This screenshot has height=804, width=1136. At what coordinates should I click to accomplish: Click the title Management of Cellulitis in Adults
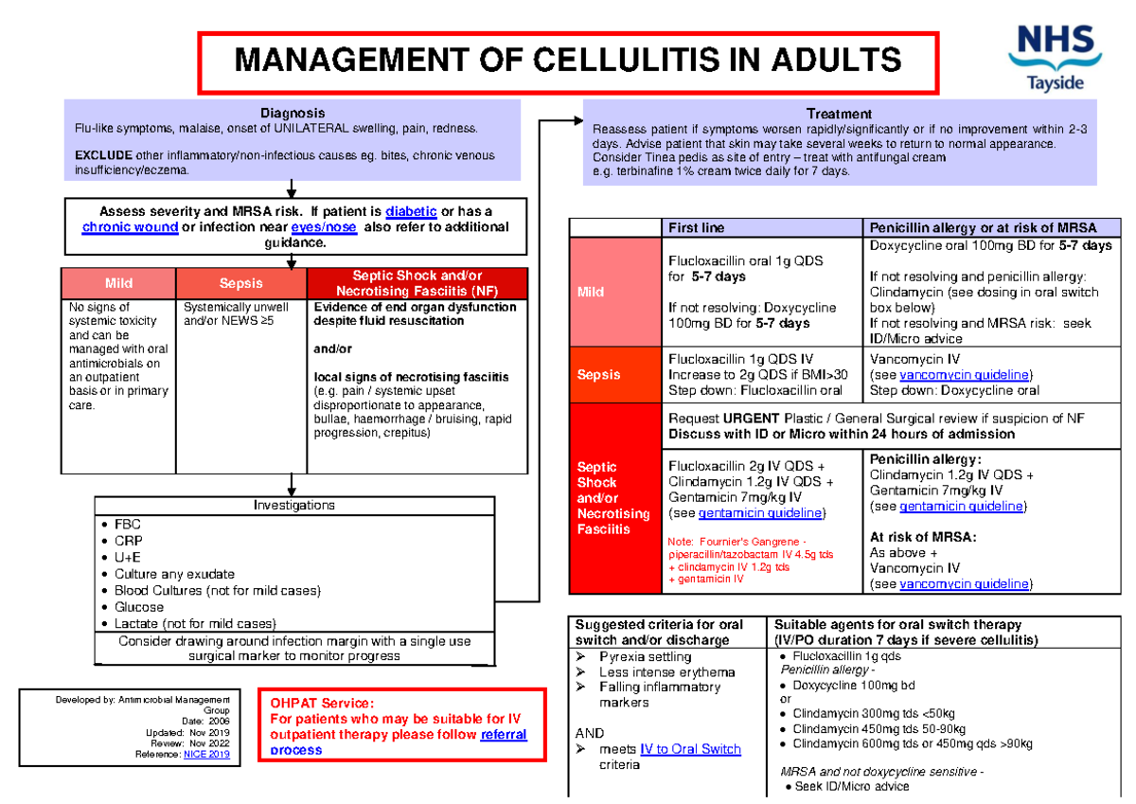[x=567, y=63]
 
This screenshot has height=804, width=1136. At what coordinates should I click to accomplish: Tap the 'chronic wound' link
[x=130, y=227]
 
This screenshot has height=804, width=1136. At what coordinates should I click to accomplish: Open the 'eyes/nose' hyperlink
[x=325, y=227]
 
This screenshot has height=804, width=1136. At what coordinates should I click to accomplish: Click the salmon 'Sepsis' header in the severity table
[x=241, y=283]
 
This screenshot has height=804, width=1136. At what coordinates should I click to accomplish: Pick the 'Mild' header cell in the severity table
[x=118, y=283]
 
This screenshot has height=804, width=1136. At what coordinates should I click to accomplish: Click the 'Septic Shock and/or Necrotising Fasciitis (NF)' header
[x=417, y=283]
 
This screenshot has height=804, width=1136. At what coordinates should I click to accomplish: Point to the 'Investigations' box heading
[x=293, y=506]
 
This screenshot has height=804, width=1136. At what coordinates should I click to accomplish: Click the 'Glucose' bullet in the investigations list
[x=139, y=607]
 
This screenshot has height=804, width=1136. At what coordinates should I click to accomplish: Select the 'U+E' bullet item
[x=128, y=558]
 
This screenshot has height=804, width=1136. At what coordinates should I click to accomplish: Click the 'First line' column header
[x=697, y=228]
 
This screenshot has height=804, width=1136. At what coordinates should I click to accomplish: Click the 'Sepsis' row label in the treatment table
[x=598, y=374]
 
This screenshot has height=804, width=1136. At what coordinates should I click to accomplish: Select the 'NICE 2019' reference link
[x=206, y=755]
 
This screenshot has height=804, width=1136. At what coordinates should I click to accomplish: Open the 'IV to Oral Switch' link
[x=690, y=749]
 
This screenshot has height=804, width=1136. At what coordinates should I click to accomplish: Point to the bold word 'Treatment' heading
[x=839, y=114]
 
